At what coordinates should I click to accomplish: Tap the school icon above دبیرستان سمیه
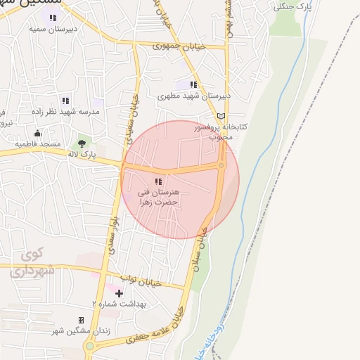tap(53, 18)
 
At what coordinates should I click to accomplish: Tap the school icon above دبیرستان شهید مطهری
tap(193, 85)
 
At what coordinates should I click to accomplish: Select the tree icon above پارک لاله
tap(82, 143)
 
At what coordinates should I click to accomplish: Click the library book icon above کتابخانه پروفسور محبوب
tap(221, 116)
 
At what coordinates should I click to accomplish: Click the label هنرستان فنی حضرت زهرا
tap(161, 196)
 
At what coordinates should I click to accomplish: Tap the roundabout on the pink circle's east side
tap(221, 166)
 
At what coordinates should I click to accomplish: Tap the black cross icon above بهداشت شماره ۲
tap(119, 292)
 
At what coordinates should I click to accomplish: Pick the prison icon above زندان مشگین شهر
tap(81, 320)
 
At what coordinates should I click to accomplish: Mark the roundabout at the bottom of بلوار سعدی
tap(89, 346)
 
